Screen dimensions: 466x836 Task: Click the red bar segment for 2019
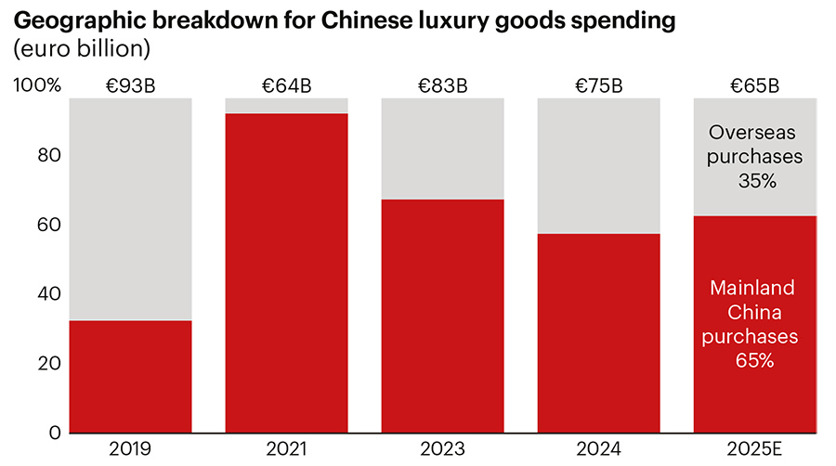(x=130, y=376)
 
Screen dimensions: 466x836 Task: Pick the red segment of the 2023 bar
(x=442, y=316)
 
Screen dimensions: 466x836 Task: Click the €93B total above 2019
(x=130, y=86)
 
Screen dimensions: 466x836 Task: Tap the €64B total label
(x=286, y=86)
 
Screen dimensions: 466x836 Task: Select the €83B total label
(x=442, y=86)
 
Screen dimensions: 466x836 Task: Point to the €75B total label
(x=599, y=86)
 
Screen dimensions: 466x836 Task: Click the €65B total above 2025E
(x=754, y=86)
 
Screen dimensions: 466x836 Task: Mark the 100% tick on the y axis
(x=38, y=86)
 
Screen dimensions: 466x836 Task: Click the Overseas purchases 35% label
(x=754, y=156)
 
